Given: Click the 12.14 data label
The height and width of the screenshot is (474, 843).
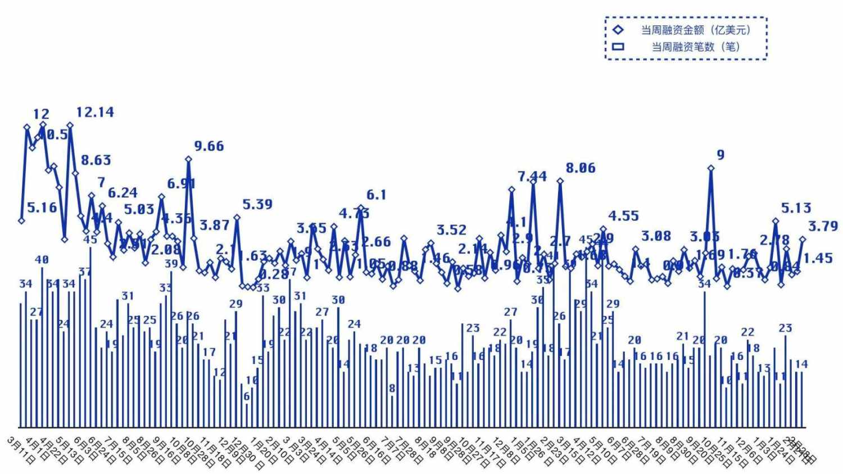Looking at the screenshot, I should (95, 112).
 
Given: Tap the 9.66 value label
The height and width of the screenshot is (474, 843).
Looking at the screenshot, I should (209, 146).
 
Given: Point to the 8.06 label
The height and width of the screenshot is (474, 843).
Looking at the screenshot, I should (581, 168).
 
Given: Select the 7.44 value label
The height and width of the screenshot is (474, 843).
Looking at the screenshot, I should (532, 177).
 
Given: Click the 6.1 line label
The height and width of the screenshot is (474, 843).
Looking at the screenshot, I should (377, 195).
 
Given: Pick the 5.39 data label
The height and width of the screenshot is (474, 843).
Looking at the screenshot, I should (257, 204).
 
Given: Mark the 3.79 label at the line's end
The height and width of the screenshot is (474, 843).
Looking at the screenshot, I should (823, 227).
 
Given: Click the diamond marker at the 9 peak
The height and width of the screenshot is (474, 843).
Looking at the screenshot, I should (711, 168).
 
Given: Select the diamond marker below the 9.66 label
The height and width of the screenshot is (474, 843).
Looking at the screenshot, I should (189, 159).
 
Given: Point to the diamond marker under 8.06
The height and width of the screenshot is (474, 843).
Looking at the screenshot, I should (560, 181).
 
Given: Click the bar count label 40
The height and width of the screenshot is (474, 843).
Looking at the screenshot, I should (42, 260).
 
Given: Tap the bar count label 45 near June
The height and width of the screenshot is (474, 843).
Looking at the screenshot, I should (90, 240).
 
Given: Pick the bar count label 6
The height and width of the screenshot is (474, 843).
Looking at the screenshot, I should (246, 396).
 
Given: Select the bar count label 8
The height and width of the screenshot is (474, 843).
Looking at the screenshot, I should (392, 389).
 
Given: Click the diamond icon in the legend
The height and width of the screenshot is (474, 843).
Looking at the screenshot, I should (618, 30).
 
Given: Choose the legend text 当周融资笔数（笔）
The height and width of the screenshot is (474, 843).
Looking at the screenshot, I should (696, 47).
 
